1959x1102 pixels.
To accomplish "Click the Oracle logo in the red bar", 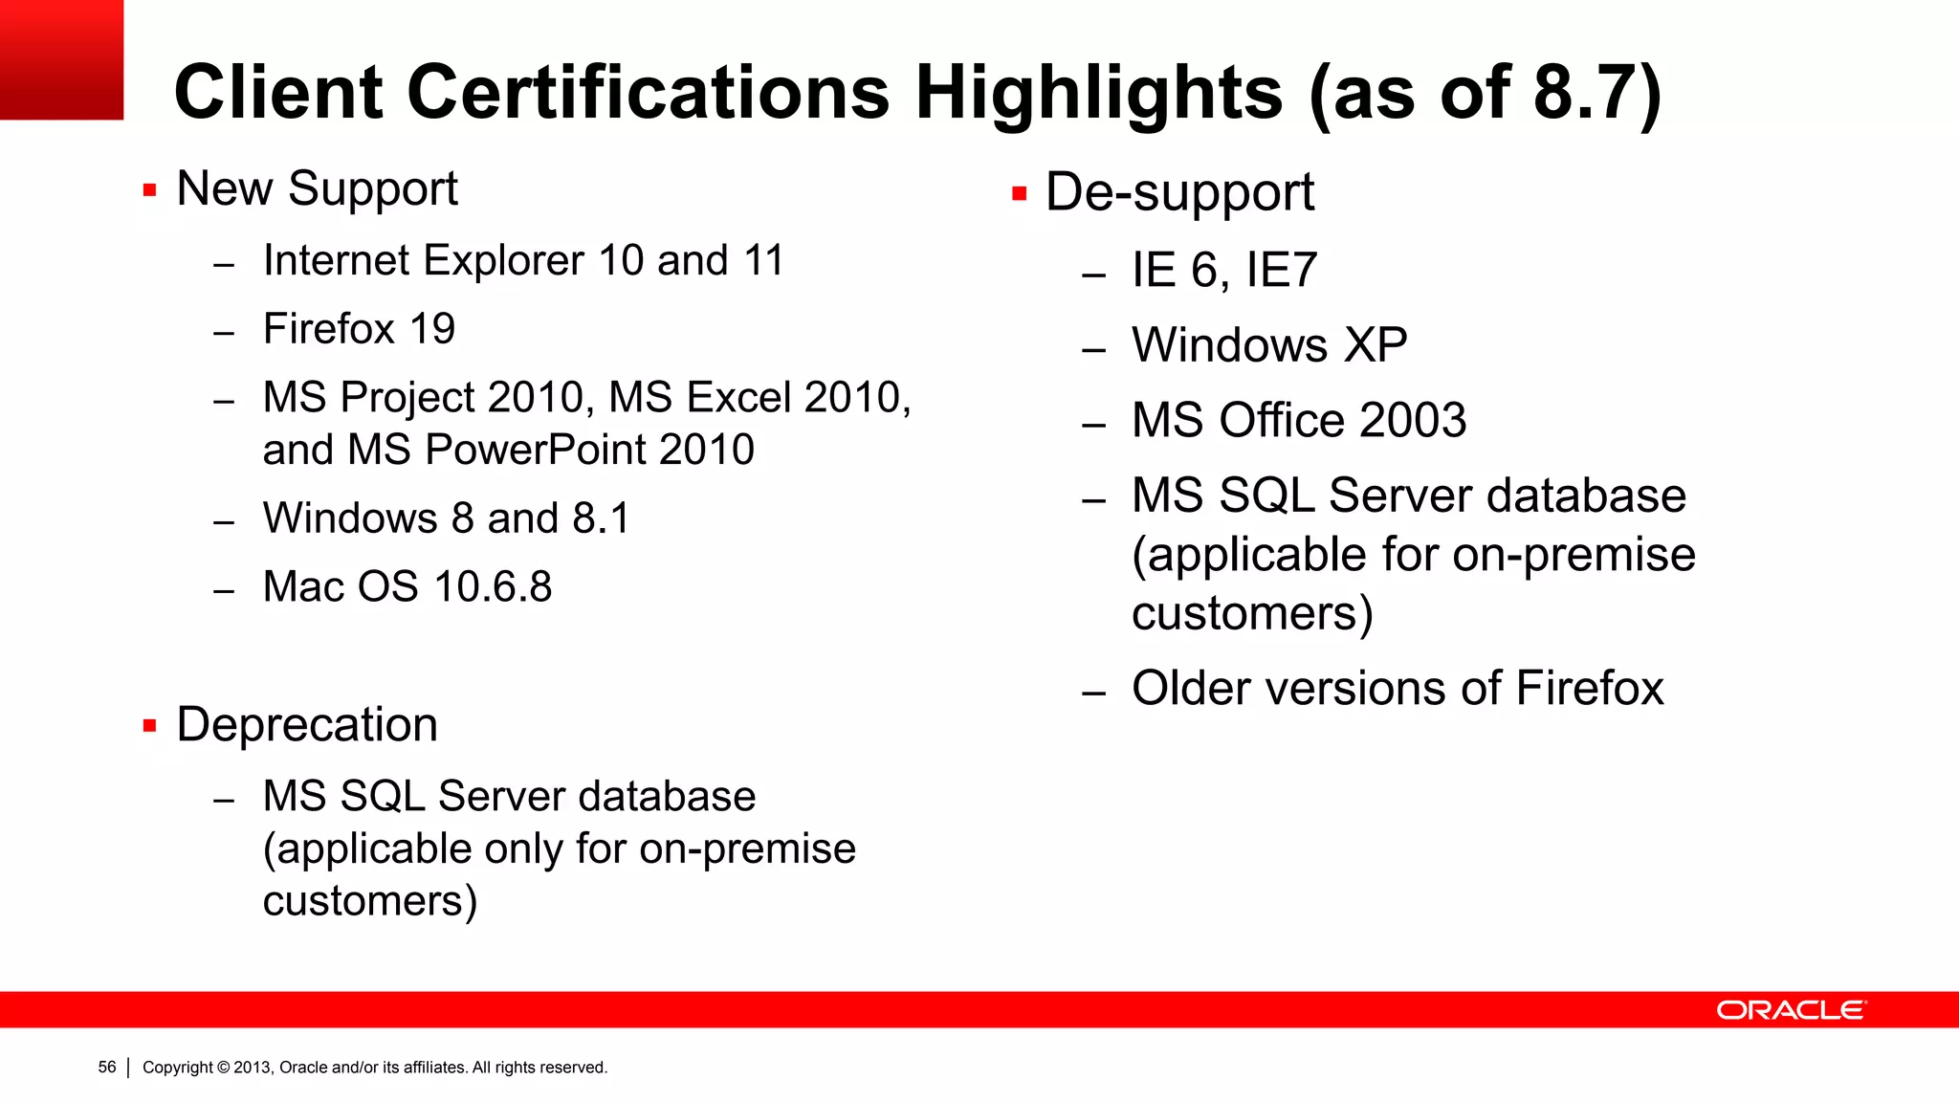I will pos(1791,1010).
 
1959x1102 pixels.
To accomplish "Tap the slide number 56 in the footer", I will pos(107,1067).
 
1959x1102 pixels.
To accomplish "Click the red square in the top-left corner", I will pos(61,59).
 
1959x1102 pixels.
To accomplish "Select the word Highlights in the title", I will pos(1099,94).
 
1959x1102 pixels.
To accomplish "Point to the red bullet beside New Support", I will pos(149,190).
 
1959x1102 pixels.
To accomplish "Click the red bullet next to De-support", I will pos(1019,194).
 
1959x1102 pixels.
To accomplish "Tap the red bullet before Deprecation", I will pos(149,726).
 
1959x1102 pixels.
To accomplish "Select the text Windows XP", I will pos(1269,344).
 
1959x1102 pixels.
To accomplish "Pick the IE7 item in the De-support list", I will pos(1282,270).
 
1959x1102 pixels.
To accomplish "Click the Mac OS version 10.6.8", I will pos(493,586).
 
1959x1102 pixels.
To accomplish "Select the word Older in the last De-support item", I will pos(1191,689).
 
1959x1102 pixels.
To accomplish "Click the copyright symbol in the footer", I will pos(224,1068).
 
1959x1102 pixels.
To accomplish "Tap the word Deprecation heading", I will pos(307,724).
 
